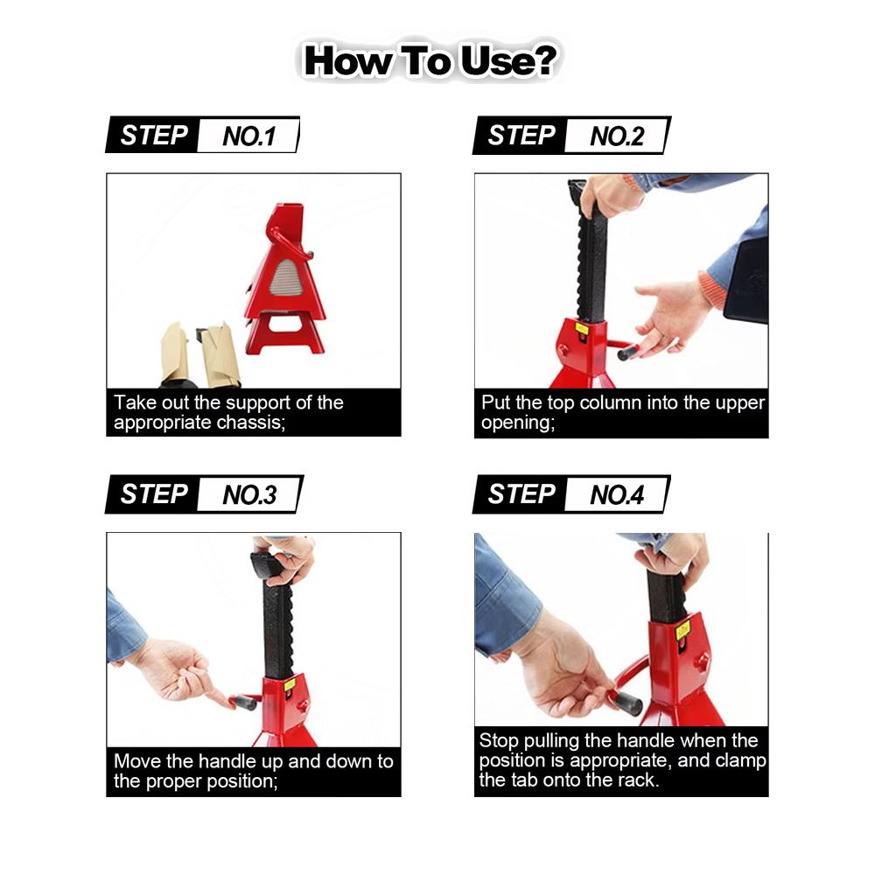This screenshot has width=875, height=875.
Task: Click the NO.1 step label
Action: click(x=248, y=136)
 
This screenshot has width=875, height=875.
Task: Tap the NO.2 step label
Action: click(x=616, y=136)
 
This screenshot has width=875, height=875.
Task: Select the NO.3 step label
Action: click(x=248, y=495)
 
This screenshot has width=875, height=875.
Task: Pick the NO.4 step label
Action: click(x=616, y=495)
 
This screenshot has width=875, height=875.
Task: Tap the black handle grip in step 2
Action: click(x=628, y=353)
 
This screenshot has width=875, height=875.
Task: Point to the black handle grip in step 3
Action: click(x=243, y=701)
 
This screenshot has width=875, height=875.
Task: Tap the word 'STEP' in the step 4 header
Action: click(x=521, y=495)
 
